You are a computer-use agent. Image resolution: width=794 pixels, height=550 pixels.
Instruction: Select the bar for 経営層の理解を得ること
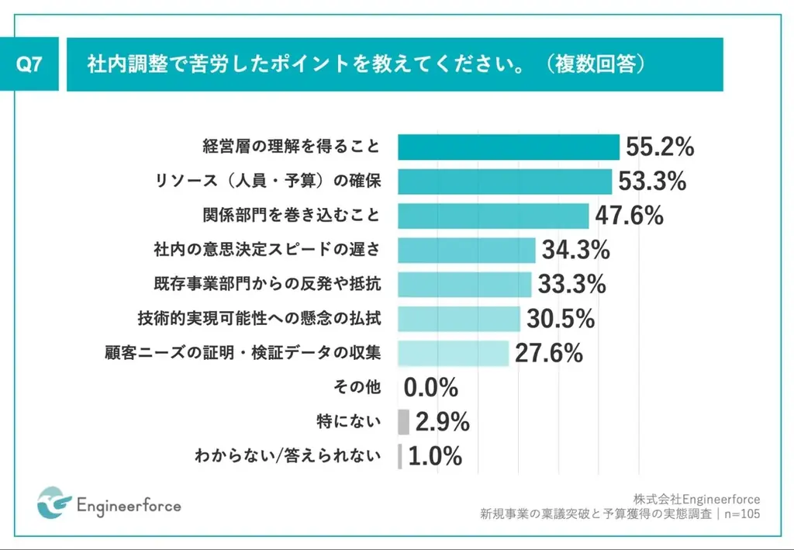(508, 147)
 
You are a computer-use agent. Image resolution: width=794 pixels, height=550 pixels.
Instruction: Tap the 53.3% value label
(652, 182)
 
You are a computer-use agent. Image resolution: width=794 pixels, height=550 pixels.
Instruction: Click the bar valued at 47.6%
(493, 216)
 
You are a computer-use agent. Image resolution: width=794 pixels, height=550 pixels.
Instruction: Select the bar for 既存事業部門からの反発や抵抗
(464, 285)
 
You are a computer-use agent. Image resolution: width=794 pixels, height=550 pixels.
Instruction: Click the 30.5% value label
(561, 318)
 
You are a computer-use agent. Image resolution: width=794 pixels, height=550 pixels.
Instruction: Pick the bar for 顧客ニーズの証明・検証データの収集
(454, 353)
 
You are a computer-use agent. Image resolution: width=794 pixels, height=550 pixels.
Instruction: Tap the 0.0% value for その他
(431, 387)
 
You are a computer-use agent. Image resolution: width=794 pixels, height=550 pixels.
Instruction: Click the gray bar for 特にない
(403, 422)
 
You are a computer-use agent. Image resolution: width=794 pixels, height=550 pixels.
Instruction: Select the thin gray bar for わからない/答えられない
(400, 456)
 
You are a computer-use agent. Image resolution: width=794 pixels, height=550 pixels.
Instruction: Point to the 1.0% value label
(434, 456)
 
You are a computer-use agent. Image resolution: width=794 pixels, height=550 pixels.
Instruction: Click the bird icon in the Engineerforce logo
(54, 503)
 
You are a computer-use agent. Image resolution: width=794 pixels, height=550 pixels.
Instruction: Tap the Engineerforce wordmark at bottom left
(129, 507)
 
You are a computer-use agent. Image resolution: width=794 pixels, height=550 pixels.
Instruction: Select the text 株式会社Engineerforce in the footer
(696, 499)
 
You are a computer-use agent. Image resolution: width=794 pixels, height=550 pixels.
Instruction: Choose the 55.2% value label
(659, 147)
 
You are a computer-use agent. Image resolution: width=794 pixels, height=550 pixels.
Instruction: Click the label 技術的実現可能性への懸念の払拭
(259, 319)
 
